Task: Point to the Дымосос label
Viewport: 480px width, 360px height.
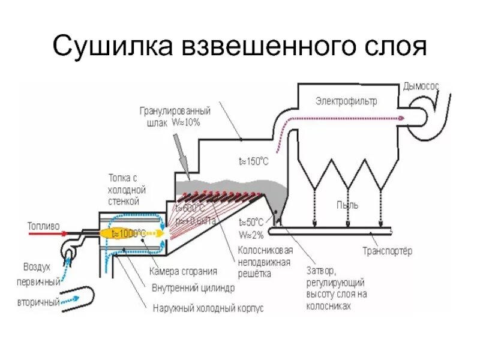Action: [x=421, y=86]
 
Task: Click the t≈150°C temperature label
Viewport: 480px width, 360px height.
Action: [x=254, y=161]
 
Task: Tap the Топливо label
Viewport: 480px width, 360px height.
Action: [x=43, y=226]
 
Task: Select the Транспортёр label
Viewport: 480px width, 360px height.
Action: [x=387, y=251]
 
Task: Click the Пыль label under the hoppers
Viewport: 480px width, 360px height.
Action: [x=347, y=205]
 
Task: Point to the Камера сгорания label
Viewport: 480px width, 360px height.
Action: [x=183, y=271]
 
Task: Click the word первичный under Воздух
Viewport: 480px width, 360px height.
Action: [x=41, y=281]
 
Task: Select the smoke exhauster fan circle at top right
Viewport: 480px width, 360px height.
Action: [x=428, y=115]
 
